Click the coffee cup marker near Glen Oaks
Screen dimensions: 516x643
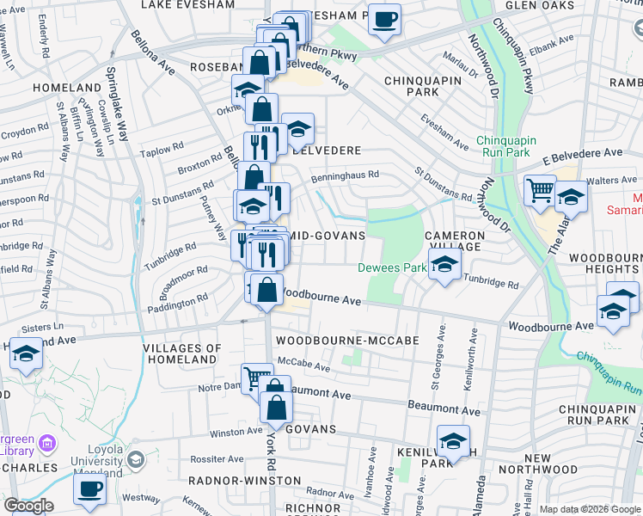point(384,19)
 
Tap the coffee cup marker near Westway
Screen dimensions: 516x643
point(89,491)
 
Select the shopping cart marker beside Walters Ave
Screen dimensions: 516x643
point(540,189)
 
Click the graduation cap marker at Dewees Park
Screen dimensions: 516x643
point(444,265)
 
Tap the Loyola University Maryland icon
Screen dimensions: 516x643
point(135,461)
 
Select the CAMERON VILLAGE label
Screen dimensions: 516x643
point(454,241)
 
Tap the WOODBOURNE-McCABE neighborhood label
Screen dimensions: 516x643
point(347,341)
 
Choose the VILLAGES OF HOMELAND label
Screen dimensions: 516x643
point(182,353)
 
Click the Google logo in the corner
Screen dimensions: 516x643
point(28,506)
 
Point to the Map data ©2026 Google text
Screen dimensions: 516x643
point(589,509)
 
